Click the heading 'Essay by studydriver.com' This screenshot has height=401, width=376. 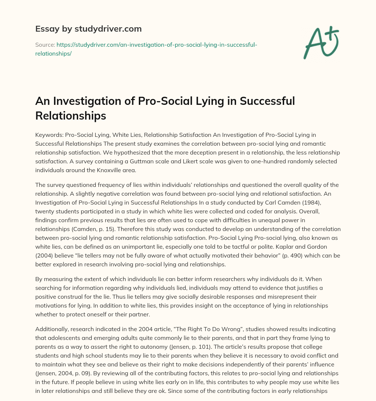pos(88,29)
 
